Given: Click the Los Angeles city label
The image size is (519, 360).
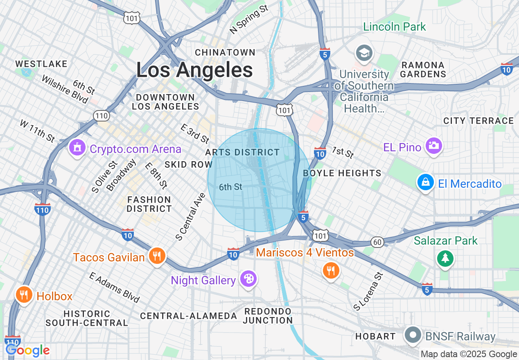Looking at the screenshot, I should [x=194, y=70].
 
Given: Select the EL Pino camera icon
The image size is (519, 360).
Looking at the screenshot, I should [x=433, y=145].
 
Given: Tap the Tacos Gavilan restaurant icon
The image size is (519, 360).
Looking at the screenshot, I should [x=156, y=256].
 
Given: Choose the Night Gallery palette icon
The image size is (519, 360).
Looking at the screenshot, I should [x=248, y=279].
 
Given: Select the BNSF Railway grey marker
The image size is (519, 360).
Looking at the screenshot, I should [x=413, y=335].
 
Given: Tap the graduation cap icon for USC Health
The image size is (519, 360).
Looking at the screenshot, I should [x=363, y=53].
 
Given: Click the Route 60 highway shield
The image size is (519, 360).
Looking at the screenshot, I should [x=377, y=242].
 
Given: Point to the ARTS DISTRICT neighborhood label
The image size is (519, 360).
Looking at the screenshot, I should [x=242, y=152].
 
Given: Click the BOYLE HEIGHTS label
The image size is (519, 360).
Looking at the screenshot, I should [x=342, y=173].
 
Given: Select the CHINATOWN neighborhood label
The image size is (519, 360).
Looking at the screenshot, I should [x=225, y=52].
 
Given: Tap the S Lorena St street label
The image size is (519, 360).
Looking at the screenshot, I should [x=368, y=291].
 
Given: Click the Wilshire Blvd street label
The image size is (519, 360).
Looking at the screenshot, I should [x=65, y=89].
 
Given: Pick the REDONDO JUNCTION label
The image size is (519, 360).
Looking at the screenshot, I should [x=268, y=316].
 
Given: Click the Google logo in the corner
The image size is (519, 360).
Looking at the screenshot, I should [x=28, y=350].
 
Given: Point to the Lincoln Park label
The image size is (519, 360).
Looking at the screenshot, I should [x=395, y=27].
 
